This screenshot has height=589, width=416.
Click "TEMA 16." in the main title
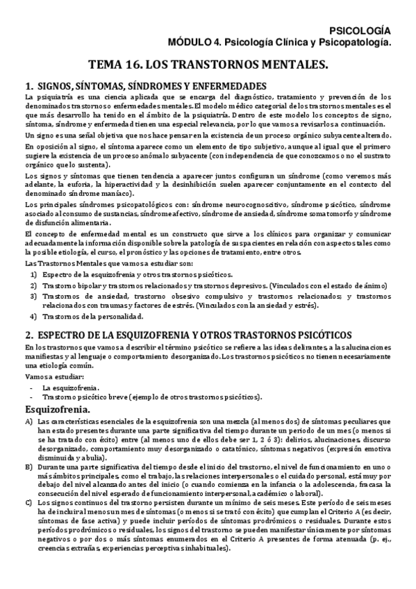click(x=117, y=65)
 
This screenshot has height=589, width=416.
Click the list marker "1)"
click(x=33, y=275)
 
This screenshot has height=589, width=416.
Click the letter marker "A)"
click(x=28, y=422)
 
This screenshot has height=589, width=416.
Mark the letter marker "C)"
click(x=28, y=502)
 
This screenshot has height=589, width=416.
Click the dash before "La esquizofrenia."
click(x=32, y=387)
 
